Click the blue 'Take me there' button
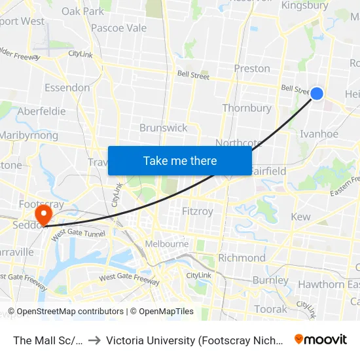point(180,160)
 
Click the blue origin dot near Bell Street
point(316,94)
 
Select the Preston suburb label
point(252,68)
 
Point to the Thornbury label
point(247,108)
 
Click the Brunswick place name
point(163,128)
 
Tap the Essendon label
point(67,88)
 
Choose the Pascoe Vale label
point(118,28)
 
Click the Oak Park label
point(82,11)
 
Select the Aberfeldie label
point(41,111)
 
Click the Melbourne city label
point(167,244)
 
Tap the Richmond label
point(242,257)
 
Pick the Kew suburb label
point(300,217)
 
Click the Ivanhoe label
point(319,134)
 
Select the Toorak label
point(270,309)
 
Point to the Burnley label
point(270,280)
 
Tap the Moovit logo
point(320,340)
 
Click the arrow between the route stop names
point(94,340)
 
